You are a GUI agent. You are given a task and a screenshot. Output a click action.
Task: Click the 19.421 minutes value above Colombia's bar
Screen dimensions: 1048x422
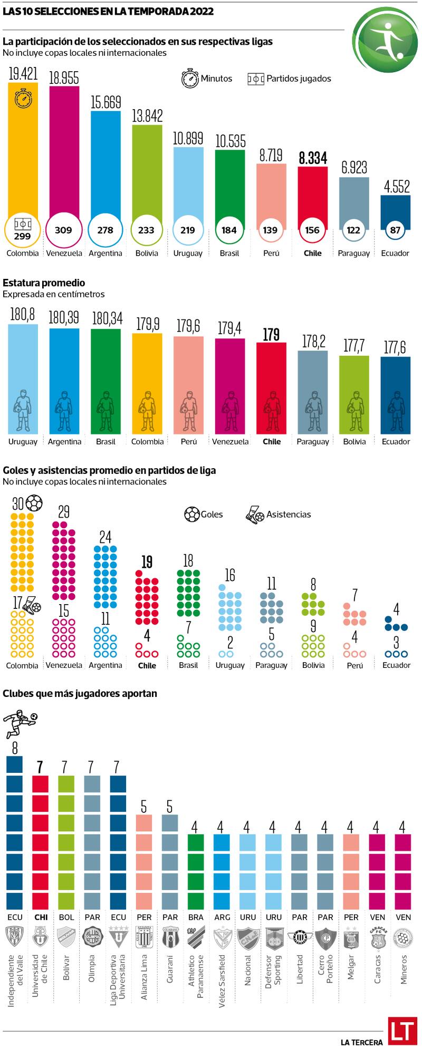(23, 74)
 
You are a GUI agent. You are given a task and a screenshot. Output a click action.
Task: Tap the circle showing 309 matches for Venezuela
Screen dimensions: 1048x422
(63, 230)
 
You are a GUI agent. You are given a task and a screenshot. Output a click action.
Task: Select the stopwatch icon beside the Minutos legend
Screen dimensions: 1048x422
(190, 78)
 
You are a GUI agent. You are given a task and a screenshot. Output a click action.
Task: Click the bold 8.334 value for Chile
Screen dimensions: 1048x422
(313, 158)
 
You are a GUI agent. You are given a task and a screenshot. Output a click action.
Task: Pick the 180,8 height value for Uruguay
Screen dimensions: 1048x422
(23, 315)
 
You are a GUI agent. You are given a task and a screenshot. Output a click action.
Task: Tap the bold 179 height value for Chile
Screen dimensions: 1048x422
(271, 334)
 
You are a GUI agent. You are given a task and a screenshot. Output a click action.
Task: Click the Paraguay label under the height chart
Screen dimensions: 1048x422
(313, 442)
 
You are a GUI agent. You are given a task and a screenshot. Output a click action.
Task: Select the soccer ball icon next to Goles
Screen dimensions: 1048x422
(191, 514)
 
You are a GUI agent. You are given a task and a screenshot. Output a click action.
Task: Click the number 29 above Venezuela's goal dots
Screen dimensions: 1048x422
(63, 512)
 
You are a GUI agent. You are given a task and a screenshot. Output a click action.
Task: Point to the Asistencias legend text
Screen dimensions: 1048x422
(289, 515)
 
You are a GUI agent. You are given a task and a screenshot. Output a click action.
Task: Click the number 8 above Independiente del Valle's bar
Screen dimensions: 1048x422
(15, 748)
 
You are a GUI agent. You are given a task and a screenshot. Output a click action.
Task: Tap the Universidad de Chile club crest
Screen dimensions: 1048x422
(41, 936)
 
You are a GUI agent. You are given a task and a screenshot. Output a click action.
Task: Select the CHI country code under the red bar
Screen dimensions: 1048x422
(41, 917)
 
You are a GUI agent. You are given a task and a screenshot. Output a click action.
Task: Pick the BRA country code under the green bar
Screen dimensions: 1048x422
(196, 917)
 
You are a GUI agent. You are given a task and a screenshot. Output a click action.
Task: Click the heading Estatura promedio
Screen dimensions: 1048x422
(44, 283)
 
